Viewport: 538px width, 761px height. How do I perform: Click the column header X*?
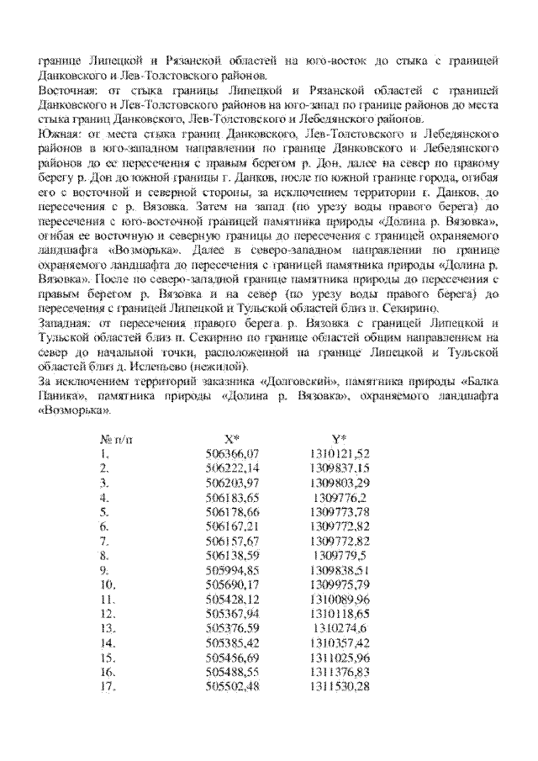232,438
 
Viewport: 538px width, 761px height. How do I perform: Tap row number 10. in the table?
108,585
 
